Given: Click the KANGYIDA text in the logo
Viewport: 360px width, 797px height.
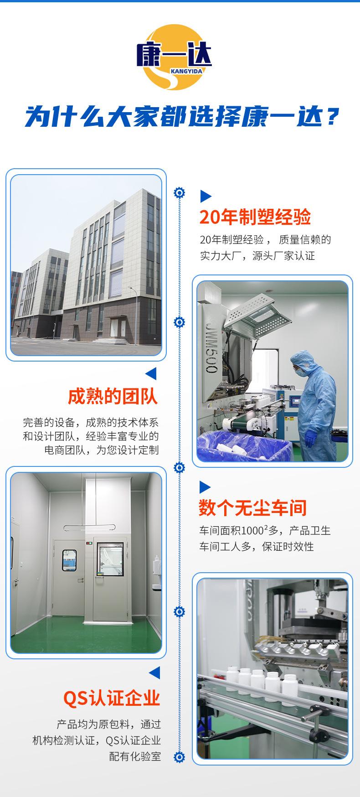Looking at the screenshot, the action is coord(187,71).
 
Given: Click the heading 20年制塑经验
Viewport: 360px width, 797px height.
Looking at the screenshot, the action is coord(255,217).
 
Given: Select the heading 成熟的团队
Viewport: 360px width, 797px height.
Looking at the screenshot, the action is coord(113,396).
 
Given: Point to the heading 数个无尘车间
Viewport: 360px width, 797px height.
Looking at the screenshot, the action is coord(252,508).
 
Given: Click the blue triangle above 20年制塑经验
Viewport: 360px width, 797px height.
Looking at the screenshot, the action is coord(206,197).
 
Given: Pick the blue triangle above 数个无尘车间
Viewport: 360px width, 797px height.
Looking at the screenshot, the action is coord(205,487).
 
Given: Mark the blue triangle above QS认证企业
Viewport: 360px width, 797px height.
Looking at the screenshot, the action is coord(154,673).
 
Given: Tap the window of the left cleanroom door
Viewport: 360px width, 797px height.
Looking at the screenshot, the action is coord(70,561).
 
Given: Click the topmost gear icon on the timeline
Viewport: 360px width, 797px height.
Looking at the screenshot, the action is coord(180,192).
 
